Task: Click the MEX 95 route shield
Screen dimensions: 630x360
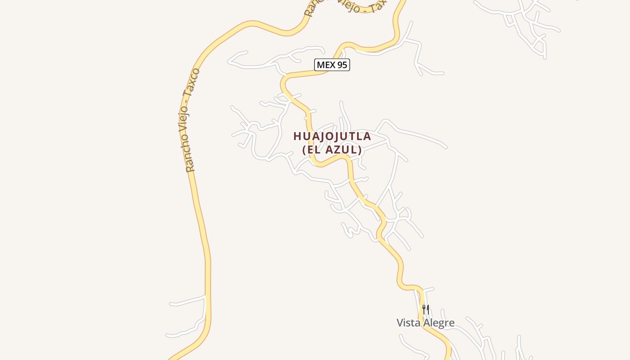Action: [332, 65]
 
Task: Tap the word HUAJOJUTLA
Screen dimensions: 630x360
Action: [332, 136]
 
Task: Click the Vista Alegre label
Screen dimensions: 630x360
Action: [425, 323]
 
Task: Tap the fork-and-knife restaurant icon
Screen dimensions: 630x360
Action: [426, 310]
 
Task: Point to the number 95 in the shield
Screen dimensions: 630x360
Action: [342, 65]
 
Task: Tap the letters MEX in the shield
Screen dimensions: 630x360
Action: [326, 65]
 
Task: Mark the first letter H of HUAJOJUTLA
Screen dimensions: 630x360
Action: [297, 136]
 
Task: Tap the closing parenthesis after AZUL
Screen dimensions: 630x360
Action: [360, 150]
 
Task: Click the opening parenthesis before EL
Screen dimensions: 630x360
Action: [305, 150]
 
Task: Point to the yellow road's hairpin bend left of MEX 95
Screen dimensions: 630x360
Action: [283, 84]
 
